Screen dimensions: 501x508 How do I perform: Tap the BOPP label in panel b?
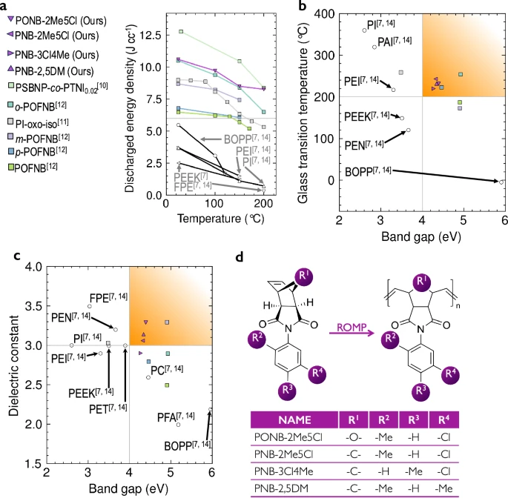coord(364,173)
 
